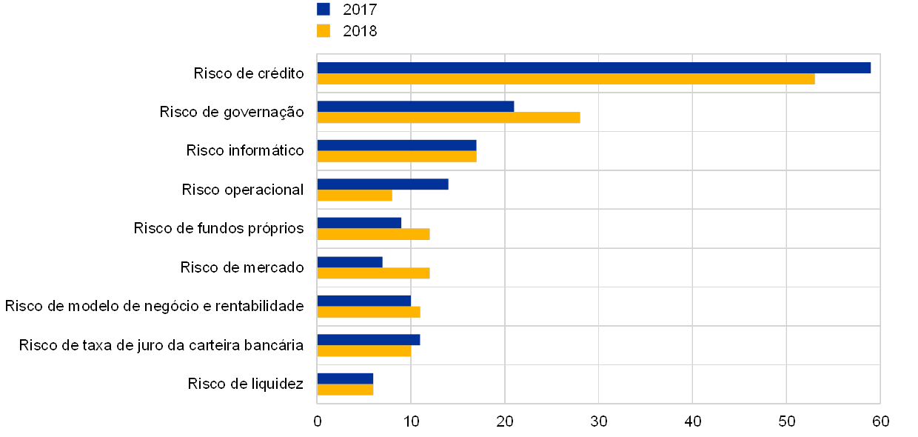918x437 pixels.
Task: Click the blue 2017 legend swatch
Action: click(x=324, y=9)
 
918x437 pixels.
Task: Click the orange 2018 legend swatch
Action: click(x=324, y=30)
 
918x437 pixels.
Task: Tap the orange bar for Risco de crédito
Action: click(x=566, y=79)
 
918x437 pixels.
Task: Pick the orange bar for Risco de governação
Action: click(x=449, y=118)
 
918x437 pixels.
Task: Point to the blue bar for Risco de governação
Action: click(x=415, y=106)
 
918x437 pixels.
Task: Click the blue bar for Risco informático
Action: click(x=397, y=145)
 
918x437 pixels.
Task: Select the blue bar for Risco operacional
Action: click(x=383, y=184)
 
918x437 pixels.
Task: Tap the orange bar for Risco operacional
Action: click(x=355, y=196)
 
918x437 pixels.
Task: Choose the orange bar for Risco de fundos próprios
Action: click(x=373, y=234)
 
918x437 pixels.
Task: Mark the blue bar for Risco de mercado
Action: click(x=350, y=261)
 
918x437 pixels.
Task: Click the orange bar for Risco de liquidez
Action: click(x=345, y=390)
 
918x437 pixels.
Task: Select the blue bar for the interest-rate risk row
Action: click(x=369, y=339)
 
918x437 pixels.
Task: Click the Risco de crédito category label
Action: click(x=251, y=73)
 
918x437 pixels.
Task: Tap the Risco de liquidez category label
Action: click(x=248, y=384)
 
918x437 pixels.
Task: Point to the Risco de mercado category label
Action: click(x=244, y=267)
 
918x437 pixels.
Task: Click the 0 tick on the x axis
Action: click(x=318, y=421)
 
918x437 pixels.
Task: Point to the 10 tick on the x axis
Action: click(x=411, y=421)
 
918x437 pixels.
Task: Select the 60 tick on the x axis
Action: click(x=880, y=421)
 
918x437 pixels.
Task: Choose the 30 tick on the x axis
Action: click(x=599, y=421)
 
